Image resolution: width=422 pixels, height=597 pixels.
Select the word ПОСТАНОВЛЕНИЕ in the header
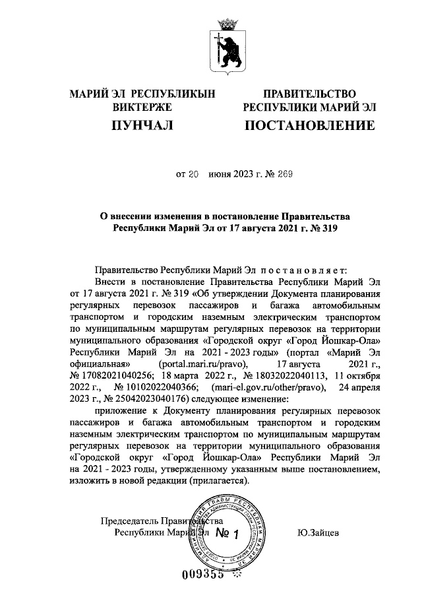click(310, 125)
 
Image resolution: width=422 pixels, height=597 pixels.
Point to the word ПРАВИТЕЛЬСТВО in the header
click(310, 94)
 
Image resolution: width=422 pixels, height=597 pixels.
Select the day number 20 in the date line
click(193, 175)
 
